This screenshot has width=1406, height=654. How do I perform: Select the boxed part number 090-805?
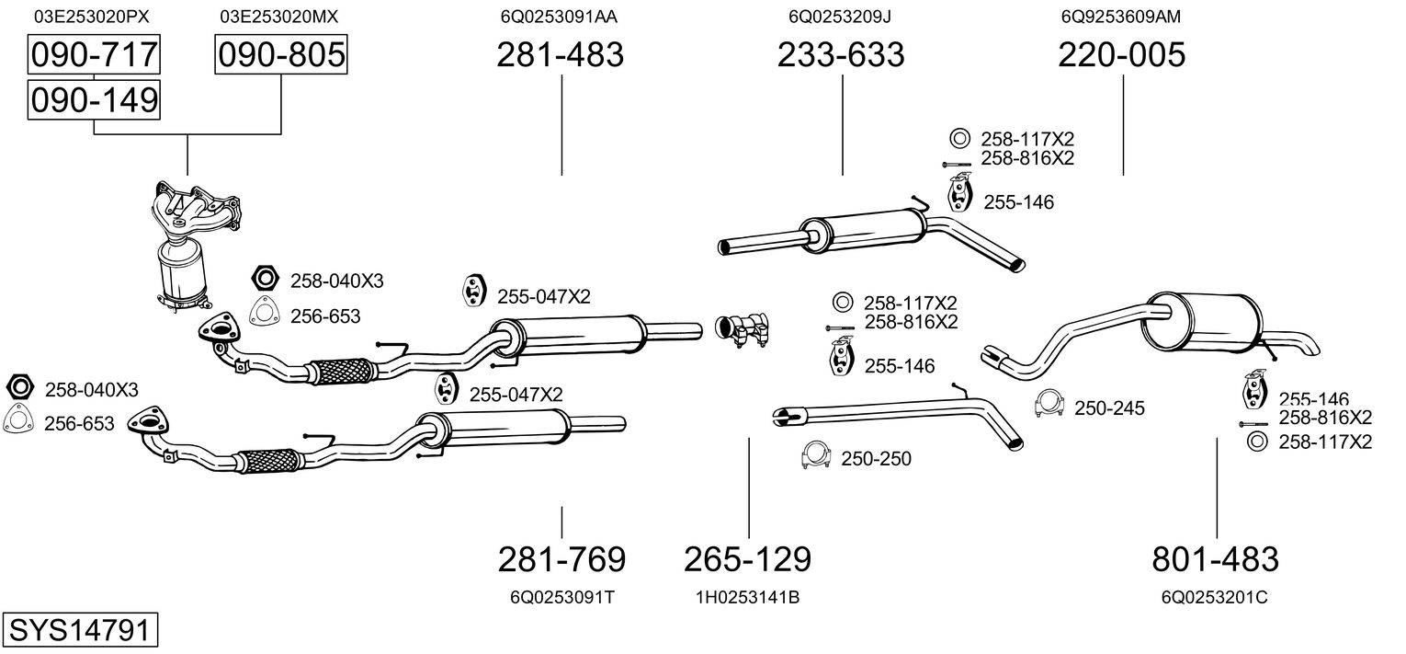click(x=281, y=55)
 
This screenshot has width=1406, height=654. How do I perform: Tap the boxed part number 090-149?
click(x=94, y=99)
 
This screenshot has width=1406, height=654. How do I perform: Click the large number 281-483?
click(x=560, y=55)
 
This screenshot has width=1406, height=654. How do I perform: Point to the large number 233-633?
click(x=841, y=55)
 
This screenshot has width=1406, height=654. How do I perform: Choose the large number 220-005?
click(x=1121, y=55)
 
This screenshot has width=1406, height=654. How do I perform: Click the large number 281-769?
click(x=561, y=558)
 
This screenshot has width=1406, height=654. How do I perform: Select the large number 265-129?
click(x=747, y=558)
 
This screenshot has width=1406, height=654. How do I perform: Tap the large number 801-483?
click(x=1215, y=558)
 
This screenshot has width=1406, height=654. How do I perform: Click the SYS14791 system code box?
click(x=78, y=631)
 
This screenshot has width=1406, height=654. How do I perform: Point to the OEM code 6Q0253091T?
click(x=561, y=598)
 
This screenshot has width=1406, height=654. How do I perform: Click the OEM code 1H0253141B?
click(x=747, y=598)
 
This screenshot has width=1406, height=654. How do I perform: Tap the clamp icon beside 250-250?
click(x=816, y=456)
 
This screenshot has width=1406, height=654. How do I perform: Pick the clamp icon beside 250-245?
click(x=1049, y=404)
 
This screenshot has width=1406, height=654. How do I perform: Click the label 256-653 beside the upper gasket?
click(x=325, y=316)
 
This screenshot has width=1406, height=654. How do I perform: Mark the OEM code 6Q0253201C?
click(x=1215, y=598)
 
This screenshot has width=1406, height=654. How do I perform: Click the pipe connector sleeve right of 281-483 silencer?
click(x=744, y=329)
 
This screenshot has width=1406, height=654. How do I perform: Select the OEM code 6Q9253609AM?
click(x=1121, y=17)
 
